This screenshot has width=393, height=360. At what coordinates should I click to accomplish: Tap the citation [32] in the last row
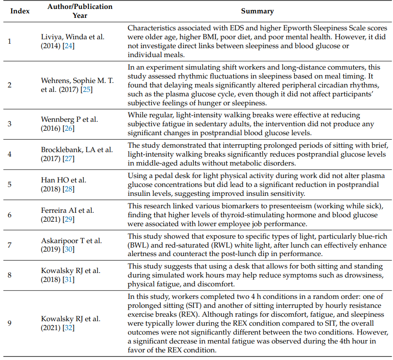(69, 328)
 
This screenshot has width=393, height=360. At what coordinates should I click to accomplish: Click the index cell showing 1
(10, 41)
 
